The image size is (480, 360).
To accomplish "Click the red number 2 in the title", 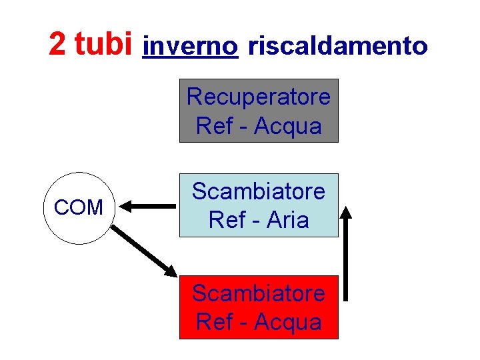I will [57, 44].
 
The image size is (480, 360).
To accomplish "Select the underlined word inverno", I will [190, 46].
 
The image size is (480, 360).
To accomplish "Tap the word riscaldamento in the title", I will [337, 46].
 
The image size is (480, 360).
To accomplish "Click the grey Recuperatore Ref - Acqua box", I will [259, 111].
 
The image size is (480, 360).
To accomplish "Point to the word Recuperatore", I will [259, 97].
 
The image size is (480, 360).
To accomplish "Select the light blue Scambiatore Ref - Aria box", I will [259, 205].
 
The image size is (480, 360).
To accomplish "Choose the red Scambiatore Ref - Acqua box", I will [259, 307].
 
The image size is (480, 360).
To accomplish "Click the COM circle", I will [79, 208].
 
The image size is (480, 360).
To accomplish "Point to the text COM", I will [79, 208].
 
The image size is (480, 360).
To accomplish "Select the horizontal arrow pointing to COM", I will [149, 207].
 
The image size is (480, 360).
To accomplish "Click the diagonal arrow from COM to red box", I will [143, 250].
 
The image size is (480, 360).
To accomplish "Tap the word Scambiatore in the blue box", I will [259, 191].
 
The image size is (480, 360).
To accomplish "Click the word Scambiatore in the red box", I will [259, 293].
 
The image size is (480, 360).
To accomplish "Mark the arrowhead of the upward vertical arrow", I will [346, 213].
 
